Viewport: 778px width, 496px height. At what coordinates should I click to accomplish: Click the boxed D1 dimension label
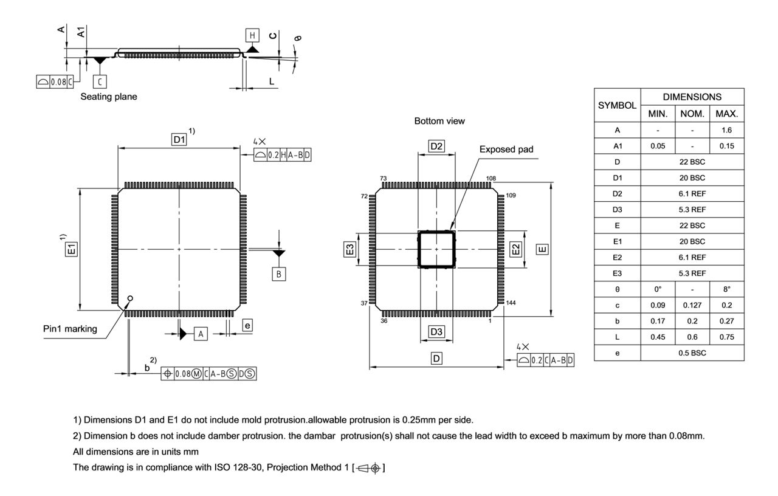coord(179,140)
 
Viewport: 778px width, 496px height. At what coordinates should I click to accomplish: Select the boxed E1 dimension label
coord(72,249)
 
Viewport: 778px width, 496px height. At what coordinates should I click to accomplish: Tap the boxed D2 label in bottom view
coord(436,146)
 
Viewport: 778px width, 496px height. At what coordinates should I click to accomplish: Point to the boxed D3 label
coord(436,332)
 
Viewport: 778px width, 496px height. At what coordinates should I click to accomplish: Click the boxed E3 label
coord(349,249)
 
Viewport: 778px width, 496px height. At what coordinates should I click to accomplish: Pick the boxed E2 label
coord(515,249)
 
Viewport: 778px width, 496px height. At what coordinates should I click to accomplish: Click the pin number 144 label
coord(511,303)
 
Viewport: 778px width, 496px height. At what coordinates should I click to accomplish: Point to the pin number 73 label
coord(383,179)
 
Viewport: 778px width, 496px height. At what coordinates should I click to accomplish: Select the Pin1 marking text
coord(70,329)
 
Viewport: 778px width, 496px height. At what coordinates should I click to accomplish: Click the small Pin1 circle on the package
coord(129,298)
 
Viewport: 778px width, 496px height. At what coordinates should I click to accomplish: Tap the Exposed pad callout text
coord(506,149)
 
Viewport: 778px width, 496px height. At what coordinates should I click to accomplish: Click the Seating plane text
coord(109,97)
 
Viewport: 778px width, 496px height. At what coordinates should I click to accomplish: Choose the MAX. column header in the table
coord(727,114)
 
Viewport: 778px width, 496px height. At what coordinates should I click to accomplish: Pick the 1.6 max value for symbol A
coord(727,130)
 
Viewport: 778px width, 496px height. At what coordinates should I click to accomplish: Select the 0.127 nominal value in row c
coord(692,305)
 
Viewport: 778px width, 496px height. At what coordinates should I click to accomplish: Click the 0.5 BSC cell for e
coord(692,353)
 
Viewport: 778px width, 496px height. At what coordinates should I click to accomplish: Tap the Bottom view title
coord(439,121)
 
